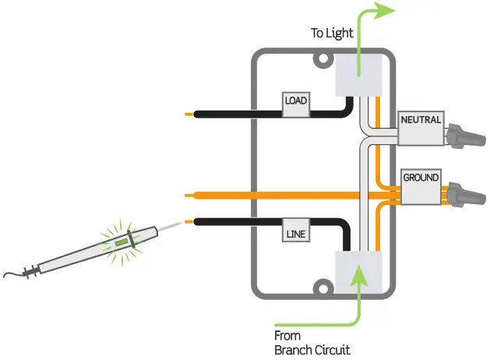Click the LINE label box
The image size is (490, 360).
pyautogui.click(x=296, y=232)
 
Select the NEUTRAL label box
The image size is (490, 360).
pyautogui.click(x=421, y=122)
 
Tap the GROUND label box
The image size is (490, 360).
pyautogui.click(x=421, y=178)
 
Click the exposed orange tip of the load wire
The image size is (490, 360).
pyautogui.click(x=189, y=115)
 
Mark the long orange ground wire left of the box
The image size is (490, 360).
pyautogui.click(x=218, y=194)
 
